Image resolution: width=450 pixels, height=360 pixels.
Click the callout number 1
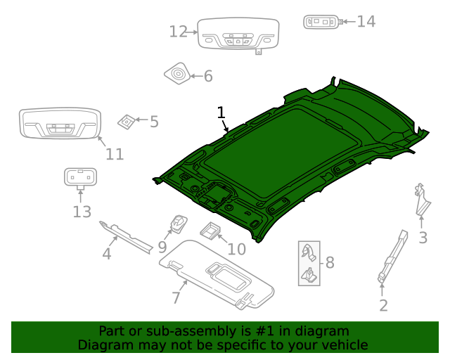(221, 112)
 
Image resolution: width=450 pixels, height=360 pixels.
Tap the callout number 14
(366, 21)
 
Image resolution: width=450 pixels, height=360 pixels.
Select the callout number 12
(179, 32)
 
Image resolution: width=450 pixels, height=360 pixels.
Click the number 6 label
(207, 76)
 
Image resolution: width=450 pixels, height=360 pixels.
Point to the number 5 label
(154, 122)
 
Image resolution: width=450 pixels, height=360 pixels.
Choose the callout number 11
(115, 154)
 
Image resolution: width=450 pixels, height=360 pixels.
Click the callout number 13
(82, 211)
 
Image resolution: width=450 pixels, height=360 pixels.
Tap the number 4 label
(107, 253)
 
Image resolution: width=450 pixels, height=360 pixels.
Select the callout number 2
(383, 305)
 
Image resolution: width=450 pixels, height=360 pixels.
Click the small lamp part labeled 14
(322, 22)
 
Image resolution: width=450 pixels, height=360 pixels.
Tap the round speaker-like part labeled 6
(177, 73)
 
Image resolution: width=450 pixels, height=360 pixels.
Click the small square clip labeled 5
(127, 121)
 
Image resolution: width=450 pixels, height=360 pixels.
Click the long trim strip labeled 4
(127, 236)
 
